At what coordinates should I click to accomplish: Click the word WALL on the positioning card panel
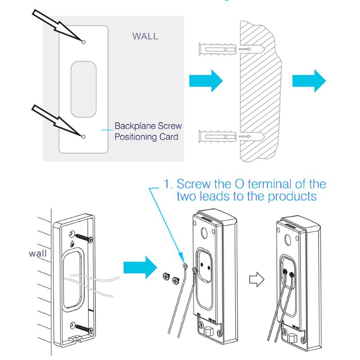pos(145,36)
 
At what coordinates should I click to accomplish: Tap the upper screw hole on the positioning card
pos(84,41)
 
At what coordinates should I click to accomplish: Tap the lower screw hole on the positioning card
pos(84,135)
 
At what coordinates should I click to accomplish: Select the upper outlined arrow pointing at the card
pos(54,25)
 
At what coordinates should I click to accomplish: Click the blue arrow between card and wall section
pos(205,81)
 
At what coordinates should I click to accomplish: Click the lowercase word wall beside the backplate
pos(37,253)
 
